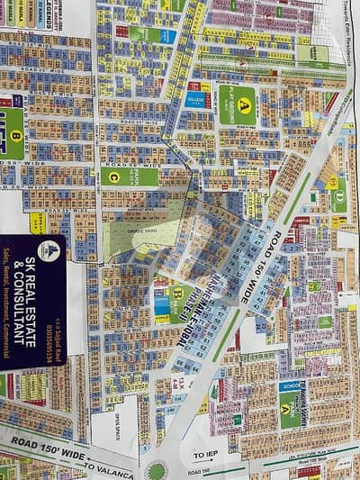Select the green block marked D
click(338, 194)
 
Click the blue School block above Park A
click(290, 389)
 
